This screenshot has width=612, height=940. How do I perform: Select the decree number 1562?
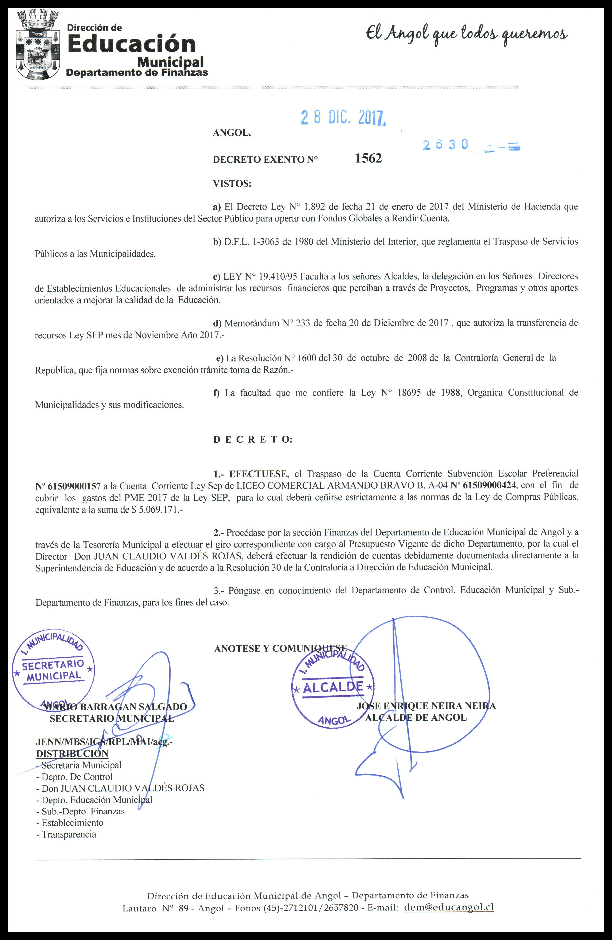(x=368, y=158)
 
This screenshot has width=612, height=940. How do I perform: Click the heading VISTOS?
(x=232, y=184)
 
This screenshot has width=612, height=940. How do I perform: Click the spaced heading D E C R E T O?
(x=253, y=440)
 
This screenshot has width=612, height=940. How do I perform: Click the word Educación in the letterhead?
(x=132, y=44)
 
